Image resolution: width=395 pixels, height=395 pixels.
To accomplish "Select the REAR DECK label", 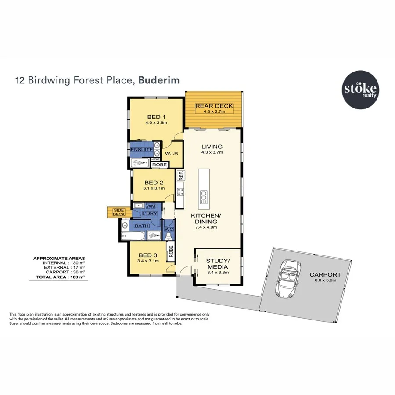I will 214,106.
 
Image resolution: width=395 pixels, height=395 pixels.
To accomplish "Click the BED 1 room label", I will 156,117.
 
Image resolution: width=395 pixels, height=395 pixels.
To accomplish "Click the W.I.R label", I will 171,154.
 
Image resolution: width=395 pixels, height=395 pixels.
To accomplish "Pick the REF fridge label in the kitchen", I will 180,176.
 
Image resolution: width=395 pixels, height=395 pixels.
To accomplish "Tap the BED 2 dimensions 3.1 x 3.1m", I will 154,188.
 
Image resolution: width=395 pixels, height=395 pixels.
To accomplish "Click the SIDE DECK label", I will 119,212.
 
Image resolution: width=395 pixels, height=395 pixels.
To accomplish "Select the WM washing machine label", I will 151,206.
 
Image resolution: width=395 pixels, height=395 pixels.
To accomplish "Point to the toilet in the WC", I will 169,236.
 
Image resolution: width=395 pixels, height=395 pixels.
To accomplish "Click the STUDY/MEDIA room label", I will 218,263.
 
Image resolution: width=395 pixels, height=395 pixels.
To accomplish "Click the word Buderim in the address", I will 159,80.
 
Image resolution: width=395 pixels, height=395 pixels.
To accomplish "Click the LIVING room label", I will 212,147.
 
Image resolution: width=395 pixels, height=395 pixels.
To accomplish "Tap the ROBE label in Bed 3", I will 170,251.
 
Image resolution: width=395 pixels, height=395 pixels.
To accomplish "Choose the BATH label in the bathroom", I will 141,226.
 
